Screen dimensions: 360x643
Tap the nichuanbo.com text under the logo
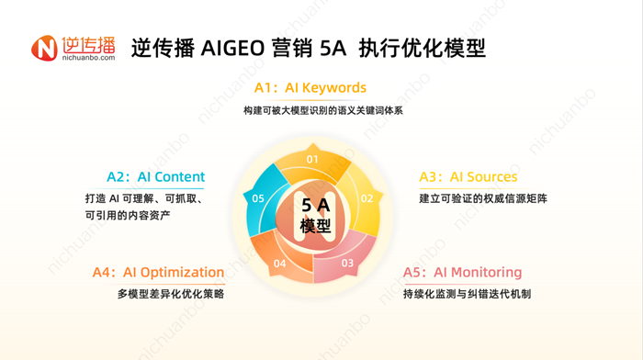pos(89,59)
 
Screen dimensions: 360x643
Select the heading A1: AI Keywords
pos(310,88)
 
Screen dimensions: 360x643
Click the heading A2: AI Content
pos(155,176)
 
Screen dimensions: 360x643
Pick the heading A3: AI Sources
pos(468,176)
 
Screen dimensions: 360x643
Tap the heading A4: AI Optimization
pos(158,272)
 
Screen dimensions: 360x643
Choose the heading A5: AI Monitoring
pos(462,272)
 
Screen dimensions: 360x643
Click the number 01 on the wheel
pos(312,159)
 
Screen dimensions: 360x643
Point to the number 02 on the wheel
pos(367,197)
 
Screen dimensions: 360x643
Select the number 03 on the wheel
pos(347,263)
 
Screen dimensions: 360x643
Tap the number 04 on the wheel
pos(279,264)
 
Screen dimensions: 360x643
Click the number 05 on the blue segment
pos(258,198)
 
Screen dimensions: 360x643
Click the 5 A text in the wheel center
pos(315,207)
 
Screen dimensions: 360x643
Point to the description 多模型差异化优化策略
pos(171,294)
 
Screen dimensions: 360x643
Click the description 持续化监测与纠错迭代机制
pos(467,294)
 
